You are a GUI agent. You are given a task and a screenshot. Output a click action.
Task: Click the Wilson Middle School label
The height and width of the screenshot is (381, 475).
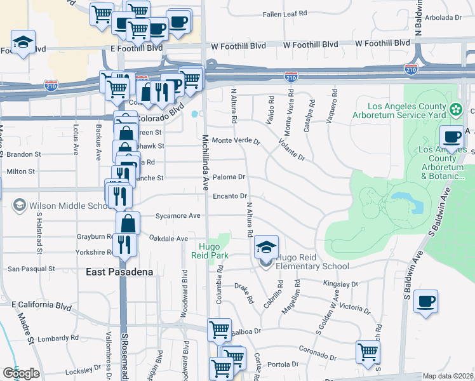tap(67, 206)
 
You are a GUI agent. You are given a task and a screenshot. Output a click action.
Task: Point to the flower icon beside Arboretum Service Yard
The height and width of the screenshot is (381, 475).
tap(455, 110)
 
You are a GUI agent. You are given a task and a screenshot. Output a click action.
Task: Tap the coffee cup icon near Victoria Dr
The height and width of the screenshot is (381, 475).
tap(425, 300)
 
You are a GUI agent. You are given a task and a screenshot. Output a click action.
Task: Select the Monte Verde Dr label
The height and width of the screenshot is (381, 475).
tap(236, 140)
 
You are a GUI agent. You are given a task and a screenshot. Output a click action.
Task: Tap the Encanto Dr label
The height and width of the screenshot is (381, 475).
tap(230, 197)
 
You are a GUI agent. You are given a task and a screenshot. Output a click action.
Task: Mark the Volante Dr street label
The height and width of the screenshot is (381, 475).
tap(292, 150)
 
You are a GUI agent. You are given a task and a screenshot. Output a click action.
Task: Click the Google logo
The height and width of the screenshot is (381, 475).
tap(21, 373)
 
